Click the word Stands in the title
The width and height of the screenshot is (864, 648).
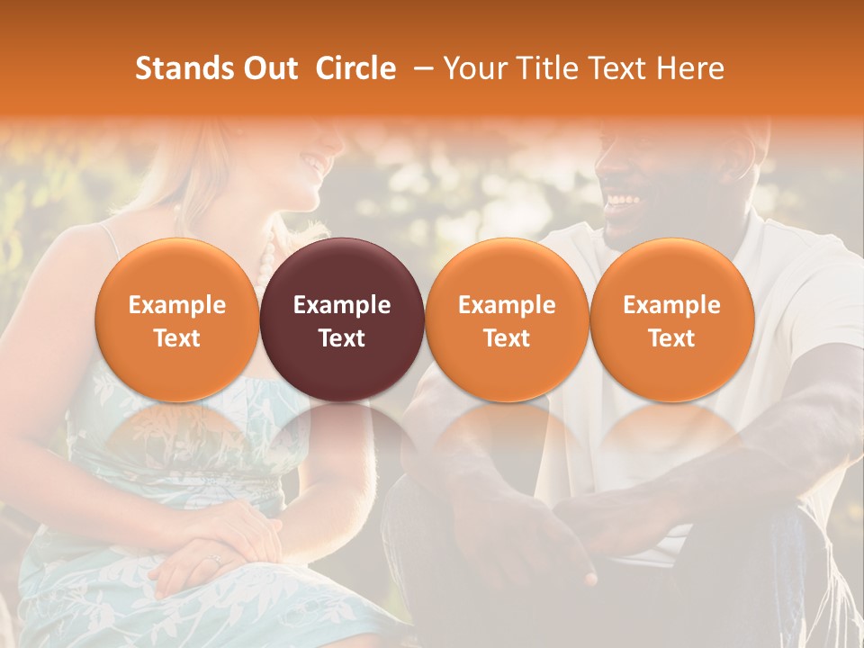[x=184, y=68]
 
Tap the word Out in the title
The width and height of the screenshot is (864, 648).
[x=269, y=68]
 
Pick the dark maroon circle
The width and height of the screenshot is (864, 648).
[x=342, y=320]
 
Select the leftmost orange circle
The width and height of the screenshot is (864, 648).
[x=177, y=320]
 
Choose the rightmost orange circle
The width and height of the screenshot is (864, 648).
[x=671, y=320]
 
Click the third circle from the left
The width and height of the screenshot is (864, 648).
[x=507, y=320]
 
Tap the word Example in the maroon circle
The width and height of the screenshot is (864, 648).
[x=342, y=305]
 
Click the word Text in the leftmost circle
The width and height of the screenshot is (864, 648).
[x=177, y=338]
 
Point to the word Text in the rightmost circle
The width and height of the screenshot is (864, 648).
[x=671, y=338]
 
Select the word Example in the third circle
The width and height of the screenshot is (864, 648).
[x=507, y=305]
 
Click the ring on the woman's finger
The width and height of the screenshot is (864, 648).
[x=214, y=560]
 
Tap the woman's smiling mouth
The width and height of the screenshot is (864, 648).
[x=314, y=165]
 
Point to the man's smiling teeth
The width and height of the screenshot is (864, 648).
[x=623, y=200]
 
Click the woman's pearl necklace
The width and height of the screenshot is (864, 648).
[x=265, y=265]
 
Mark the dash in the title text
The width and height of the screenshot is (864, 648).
[x=420, y=68]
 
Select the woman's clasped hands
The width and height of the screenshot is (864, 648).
[x=216, y=549]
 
